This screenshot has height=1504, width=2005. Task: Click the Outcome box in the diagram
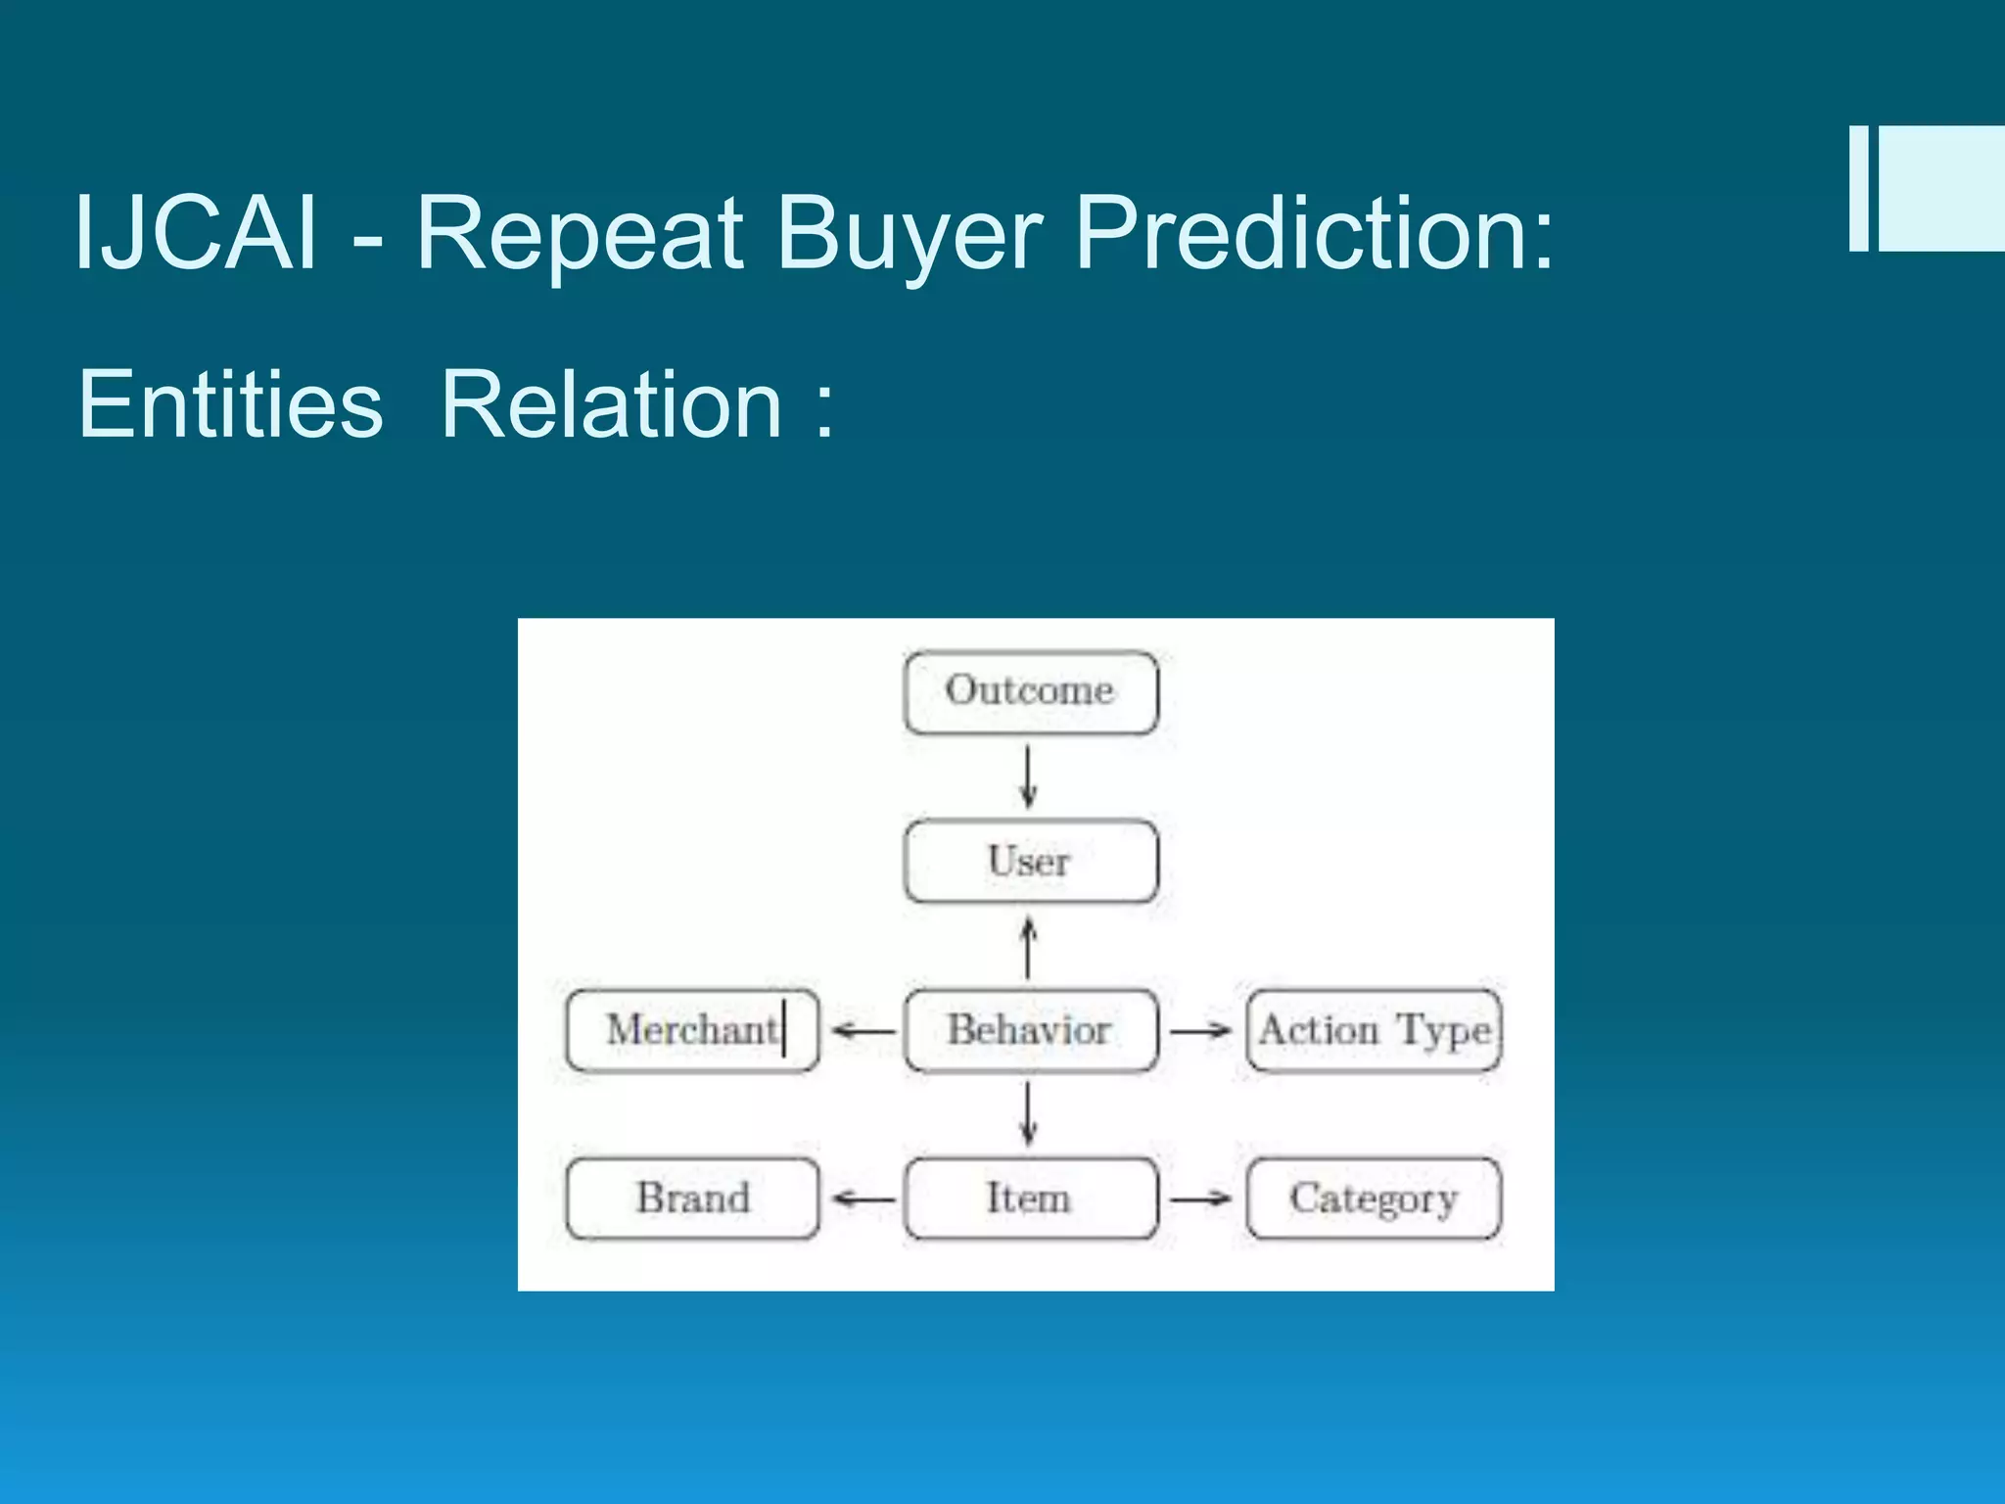click(1030, 692)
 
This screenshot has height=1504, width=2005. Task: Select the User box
click(1030, 862)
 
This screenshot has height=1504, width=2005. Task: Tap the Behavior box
click(1030, 1030)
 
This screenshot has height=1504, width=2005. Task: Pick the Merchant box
click(692, 1030)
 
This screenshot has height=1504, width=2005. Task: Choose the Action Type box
click(1374, 1030)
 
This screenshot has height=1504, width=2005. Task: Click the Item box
click(1030, 1198)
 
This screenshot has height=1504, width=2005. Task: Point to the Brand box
click(692, 1198)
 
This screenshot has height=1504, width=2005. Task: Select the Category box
click(1374, 1198)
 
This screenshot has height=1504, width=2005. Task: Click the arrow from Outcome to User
click(1028, 776)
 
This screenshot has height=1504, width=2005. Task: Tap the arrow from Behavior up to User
click(1028, 946)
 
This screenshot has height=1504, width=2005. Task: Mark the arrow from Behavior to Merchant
click(863, 1031)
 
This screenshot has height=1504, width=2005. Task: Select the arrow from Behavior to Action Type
click(1200, 1030)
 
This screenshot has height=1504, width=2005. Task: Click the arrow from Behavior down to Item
click(1028, 1114)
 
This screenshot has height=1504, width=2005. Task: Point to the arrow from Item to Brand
click(863, 1198)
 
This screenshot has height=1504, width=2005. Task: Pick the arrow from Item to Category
click(1200, 1198)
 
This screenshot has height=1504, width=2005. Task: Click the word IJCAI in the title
click(196, 233)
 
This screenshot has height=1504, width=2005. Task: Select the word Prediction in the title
click(1313, 233)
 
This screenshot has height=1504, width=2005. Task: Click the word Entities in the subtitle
click(230, 403)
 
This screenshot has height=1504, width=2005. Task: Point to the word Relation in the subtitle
click(611, 403)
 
